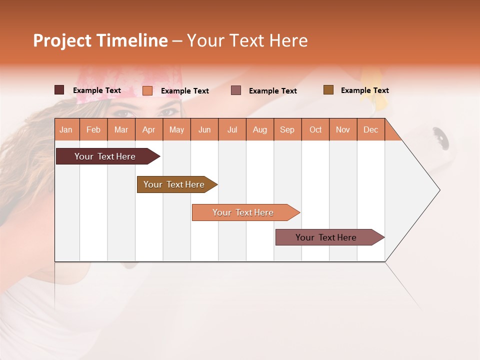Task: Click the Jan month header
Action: click(66, 129)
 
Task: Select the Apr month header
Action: click(148, 129)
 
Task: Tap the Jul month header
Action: click(232, 129)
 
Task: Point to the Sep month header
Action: click(287, 129)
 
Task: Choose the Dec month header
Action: click(370, 129)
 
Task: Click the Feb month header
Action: click(93, 129)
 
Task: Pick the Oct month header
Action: click(315, 129)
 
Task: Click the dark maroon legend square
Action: click(59, 90)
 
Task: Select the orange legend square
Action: click(147, 90)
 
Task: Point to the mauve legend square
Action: click(236, 90)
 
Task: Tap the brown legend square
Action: click(328, 90)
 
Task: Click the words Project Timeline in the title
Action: click(100, 40)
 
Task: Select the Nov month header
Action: click(343, 129)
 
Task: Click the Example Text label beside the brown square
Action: click(364, 90)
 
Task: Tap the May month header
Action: click(176, 129)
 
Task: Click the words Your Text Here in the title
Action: click(247, 40)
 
